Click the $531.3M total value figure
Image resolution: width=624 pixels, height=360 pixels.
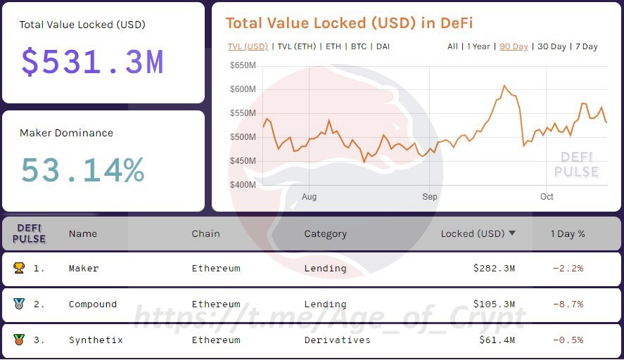[x=92, y=62]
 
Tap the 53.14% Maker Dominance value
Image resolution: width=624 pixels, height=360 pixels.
[x=82, y=170]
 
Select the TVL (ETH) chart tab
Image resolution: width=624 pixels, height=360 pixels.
[x=297, y=46]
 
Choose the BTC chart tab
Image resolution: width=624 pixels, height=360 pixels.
[x=359, y=46]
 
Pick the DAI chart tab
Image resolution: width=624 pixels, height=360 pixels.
[x=383, y=46]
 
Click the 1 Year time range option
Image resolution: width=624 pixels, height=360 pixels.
[x=479, y=46]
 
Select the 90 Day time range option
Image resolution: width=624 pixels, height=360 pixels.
[x=514, y=46]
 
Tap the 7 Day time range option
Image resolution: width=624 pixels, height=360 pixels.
[x=586, y=46]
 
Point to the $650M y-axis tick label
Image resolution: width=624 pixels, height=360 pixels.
[x=243, y=65]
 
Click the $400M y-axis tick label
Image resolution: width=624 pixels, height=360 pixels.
[x=243, y=185]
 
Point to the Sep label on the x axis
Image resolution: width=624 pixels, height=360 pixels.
[x=429, y=197]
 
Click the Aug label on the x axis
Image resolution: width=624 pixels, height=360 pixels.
[x=309, y=197]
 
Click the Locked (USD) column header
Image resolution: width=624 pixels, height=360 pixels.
[x=472, y=233]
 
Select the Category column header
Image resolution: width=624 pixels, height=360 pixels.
[x=325, y=233]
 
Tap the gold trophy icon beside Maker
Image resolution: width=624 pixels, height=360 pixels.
[x=18, y=268]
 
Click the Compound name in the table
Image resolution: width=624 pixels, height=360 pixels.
[x=93, y=304]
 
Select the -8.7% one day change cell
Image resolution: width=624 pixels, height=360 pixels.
[x=568, y=304]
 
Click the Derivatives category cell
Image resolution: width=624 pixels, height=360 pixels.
[x=337, y=340]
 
